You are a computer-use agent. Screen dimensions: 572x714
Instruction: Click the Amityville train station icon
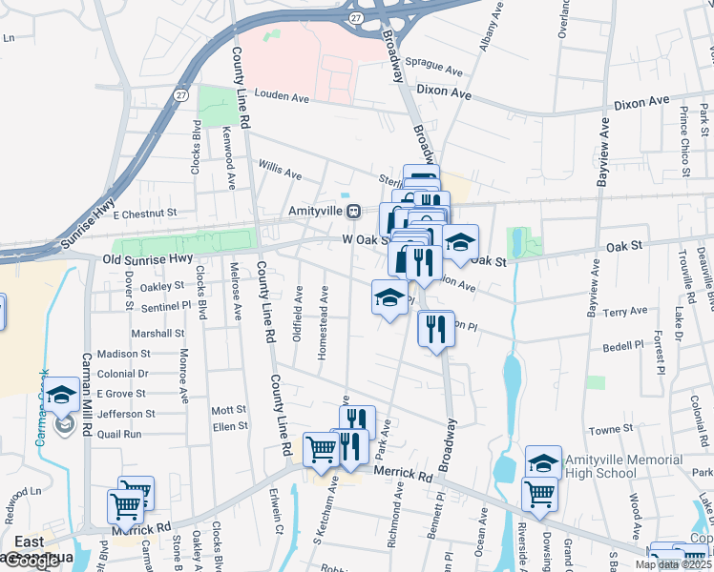pyautogui.click(x=352, y=211)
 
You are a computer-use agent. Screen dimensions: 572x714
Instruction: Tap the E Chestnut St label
pyautogui.click(x=145, y=215)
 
